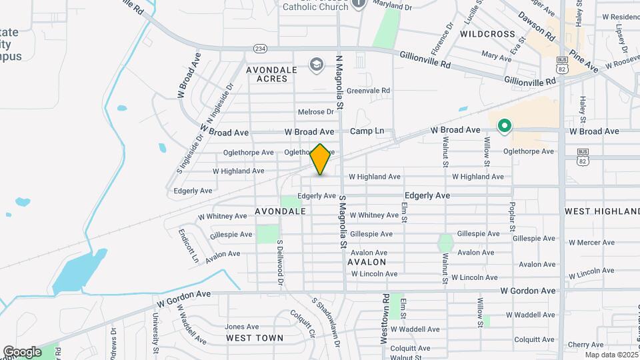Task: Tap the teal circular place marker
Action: pyautogui.click(x=505, y=125)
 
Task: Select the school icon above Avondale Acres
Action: pyautogui.click(x=315, y=64)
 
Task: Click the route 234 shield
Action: pyautogui.click(x=260, y=48)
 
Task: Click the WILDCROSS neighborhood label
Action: pyautogui.click(x=487, y=33)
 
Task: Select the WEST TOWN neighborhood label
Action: pyautogui.click(x=255, y=338)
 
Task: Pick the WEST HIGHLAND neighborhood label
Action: pyautogui.click(x=602, y=211)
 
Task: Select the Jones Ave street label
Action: pyautogui.click(x=241, y=327)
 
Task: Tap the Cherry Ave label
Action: pyautogui.click(x=586, y=345)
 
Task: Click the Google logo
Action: pyautogui.click(x=22, y=352)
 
